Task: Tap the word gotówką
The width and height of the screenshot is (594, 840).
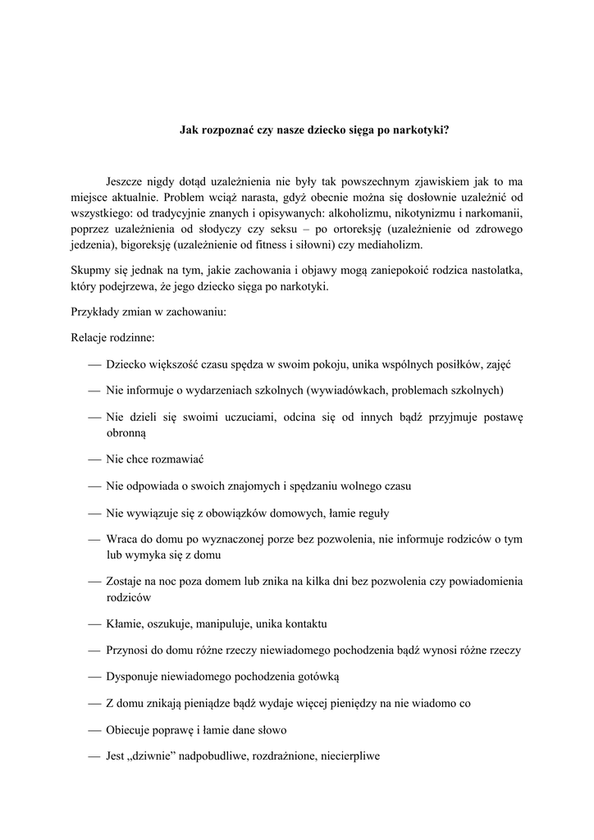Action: pos(315,678)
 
